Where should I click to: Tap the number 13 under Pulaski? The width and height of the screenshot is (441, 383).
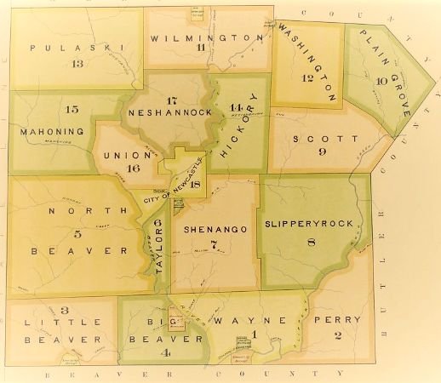pyautogui.click(x=78, y=64)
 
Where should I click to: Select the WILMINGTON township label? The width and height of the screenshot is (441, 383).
pyautogui.click(x=206, y=38)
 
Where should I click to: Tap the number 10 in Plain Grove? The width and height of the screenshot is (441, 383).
pyautogui.click(x=381, y=83)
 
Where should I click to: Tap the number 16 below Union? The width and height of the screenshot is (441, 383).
pyautogui.click(x=133, y=169)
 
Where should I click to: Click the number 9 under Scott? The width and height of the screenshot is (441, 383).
pyautogui.click(x=323, y=152)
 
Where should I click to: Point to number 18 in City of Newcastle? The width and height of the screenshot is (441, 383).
pyautogui.click(x=196, y=185)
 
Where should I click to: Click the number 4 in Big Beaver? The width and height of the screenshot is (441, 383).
pyautogui.click(x=167, y=352)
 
